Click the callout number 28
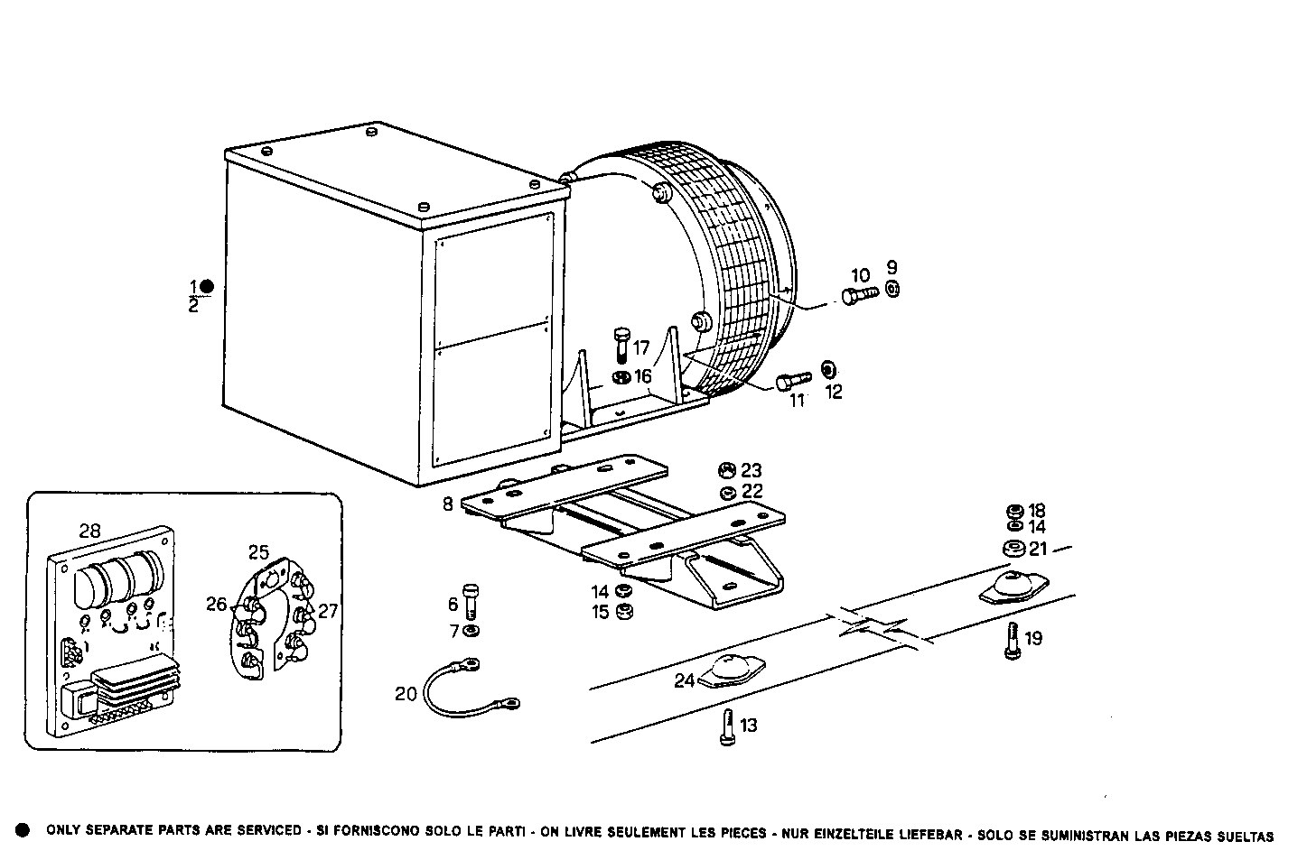click(x=89, y=532)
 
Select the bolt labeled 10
click(x=859, y=295)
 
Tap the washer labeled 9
click(x=892, y=289)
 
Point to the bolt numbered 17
click(x=621, y=345)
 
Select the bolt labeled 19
click(x=1012, y=640)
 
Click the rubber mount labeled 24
click(x=733, y=673)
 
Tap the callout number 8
click(x=448, y=504)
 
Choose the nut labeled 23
click(x=725, y=470)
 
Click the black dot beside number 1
click(x=207, y=287)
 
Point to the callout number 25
click(x=259, y=551)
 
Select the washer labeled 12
click(x=828, y=370)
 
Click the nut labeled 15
click(x=622, y=613)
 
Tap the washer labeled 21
click(x=1013, y=549)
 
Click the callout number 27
click(x=327, y=611)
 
